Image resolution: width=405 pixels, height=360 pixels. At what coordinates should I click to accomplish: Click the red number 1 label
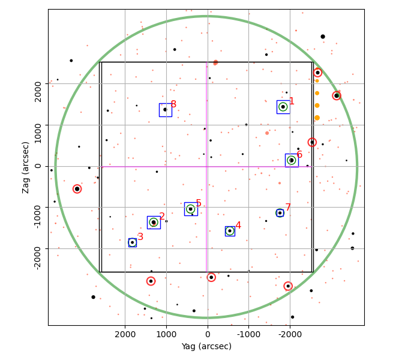click(292, 101)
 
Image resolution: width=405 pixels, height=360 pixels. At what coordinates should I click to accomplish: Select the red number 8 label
click(173, 104)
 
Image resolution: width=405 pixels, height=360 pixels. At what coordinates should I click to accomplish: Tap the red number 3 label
click(140, 236)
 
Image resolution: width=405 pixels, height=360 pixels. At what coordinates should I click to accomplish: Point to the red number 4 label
click(238, 225)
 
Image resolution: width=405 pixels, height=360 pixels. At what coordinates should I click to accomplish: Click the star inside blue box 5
click(191, 209)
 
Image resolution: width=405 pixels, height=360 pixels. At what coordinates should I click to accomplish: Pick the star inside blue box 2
click(154, 222)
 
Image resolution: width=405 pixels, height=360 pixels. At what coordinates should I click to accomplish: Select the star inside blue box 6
click(292, 160)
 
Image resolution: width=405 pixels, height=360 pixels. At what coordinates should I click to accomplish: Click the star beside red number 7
click(280, 213)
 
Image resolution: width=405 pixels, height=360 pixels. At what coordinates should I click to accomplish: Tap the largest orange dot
click(317, 118)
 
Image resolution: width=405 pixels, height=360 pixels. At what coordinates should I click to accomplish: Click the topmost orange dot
click(317, 81)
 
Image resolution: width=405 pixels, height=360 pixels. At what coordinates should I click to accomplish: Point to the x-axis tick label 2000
click(125, 334)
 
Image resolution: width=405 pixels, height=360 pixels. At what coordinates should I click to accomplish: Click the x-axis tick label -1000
click(249, 334)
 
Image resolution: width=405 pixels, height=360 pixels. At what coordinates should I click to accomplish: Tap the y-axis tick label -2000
click(38, 258)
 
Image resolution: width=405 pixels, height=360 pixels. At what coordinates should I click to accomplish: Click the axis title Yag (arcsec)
click(206, 346)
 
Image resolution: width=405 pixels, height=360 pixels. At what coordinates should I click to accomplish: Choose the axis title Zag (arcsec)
click(25, 167)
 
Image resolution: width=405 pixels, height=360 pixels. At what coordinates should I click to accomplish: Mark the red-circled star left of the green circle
click(77, 189)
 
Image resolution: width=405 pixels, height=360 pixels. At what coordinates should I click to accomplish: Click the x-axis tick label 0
click(208, 334)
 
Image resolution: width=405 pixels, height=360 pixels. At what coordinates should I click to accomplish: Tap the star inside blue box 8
click(165, 109)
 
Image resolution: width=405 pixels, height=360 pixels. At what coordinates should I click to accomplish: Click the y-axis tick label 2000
click(38, 92)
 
